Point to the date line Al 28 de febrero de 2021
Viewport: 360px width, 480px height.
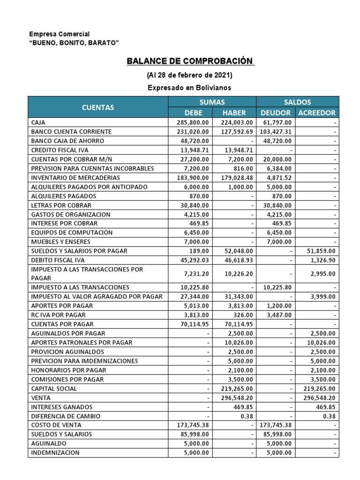189,75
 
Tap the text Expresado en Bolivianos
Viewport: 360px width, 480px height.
189,88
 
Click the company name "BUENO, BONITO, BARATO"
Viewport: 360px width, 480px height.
74,43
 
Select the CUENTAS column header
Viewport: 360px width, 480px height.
98,107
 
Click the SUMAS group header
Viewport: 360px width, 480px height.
212,102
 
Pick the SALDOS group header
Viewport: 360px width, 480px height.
297,102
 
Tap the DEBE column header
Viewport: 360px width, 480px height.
190,113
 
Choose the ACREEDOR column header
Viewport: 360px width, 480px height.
316,113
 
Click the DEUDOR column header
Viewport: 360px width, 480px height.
275,113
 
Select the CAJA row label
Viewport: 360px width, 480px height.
38,122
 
